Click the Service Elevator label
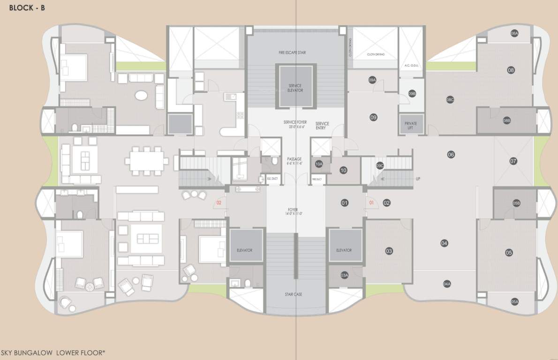coord(295,88)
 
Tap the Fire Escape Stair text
coord(295,52)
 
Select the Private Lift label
coord(410,125)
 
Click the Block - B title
coord(27,7)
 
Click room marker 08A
coord(514,33)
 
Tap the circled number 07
coord(513,161)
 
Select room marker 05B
coord(516,203)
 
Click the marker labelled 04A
coord(447,284)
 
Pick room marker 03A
coord(345,275)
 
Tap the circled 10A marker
coord(319,164)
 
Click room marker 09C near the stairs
coord(380,165)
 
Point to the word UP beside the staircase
coord(418,179)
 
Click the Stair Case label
coord(294,294)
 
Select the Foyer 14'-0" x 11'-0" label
coord(294,211)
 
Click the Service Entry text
coord(322,126)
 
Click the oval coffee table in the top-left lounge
coord(141,96)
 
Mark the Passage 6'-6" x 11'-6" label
coord(294,161)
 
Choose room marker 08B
coord(507,120)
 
